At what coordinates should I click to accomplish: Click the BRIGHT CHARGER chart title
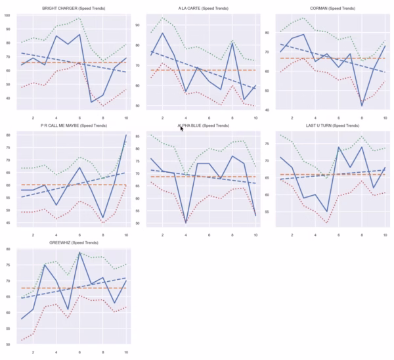point(74,8)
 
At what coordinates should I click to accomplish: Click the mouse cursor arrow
point(182,129)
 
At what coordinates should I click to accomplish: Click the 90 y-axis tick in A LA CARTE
point(145,25)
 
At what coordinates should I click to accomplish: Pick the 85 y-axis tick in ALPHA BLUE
point(145,137)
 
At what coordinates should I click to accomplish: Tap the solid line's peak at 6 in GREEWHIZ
point(80,252)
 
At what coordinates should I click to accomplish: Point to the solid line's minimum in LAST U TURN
point(326,211)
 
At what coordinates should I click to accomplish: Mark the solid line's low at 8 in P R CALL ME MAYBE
point(103,217)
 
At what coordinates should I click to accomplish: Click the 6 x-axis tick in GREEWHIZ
point(80,353)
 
